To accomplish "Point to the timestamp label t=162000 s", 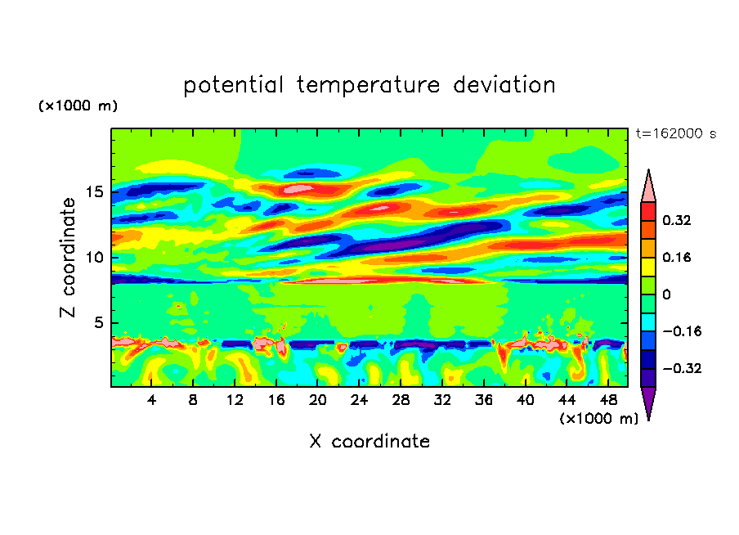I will tap(675, 134).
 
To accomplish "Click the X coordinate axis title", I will tap(369, 442).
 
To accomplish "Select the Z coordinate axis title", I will tap(69, 257).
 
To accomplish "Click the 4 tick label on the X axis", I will tap(152, 401).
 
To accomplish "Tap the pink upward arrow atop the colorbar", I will tap(648, 186).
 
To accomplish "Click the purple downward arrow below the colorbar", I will tap(648, 402).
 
